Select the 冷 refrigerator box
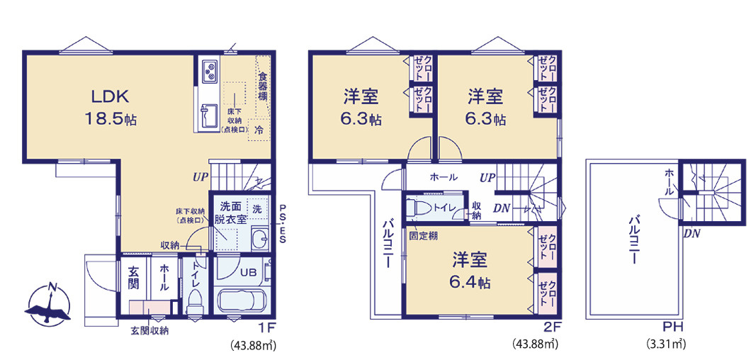(x=259, y=130)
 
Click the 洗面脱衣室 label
(x=232, y=213)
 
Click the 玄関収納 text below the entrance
(x=149, y=330)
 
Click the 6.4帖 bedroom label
(x=468, y=271)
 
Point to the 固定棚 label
(x=423, y=235)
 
